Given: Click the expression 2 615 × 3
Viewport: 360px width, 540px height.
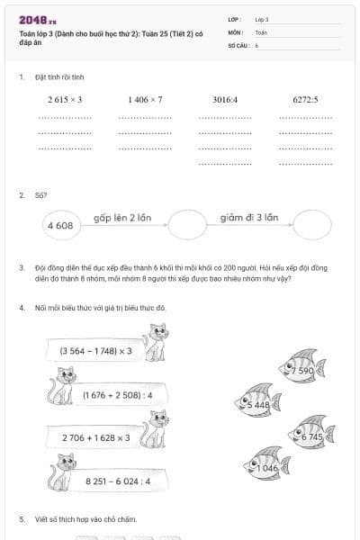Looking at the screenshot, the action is tap(65, 100).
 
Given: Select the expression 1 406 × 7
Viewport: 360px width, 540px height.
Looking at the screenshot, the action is tap(145, 100).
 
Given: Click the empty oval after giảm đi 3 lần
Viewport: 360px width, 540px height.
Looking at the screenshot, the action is tap(312, 225).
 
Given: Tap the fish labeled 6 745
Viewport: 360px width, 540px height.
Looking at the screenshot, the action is tap(309, 436).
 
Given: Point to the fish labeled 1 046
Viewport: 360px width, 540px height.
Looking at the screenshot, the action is tap(266, 467).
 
